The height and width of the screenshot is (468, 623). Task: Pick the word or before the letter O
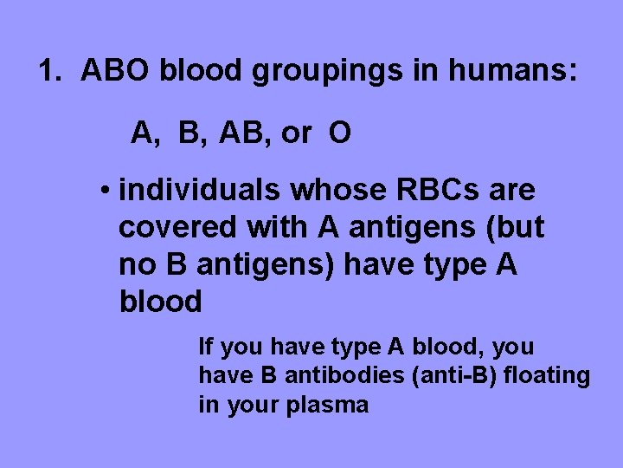point(296,134)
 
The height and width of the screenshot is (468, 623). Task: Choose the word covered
point(177,227)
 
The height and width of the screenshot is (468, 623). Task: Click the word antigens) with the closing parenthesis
point(266,265)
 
